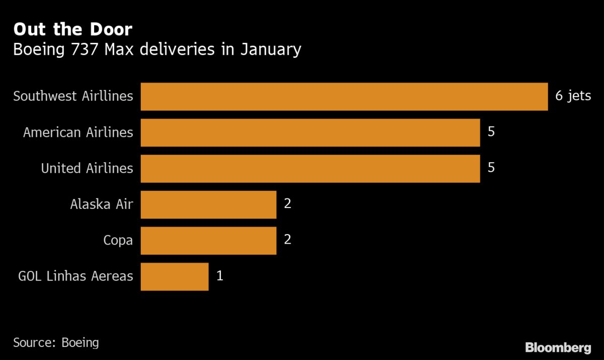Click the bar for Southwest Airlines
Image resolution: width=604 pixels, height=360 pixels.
344,96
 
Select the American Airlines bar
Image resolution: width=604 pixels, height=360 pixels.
310,132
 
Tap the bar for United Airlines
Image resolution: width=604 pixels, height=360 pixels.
310,168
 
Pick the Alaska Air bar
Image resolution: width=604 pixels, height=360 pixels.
208,204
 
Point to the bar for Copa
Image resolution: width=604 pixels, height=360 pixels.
208,240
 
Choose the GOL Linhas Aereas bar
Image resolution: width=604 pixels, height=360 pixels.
174,276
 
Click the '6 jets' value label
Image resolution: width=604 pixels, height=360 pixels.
573,96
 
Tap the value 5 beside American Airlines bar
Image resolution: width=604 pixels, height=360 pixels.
491,132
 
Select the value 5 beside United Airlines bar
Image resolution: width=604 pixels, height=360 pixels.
491,168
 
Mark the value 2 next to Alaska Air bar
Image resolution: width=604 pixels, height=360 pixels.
288,204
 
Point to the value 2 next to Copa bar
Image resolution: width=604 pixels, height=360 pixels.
288,240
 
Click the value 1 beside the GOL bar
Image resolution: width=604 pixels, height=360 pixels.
219,276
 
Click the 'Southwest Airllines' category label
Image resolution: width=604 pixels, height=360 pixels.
73,96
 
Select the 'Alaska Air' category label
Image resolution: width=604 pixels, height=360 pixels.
102,204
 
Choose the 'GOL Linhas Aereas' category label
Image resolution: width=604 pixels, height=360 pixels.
75,276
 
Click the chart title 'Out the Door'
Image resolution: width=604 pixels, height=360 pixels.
72,30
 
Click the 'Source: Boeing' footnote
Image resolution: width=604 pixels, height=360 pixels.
56,343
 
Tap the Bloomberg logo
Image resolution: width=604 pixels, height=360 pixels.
558,347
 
